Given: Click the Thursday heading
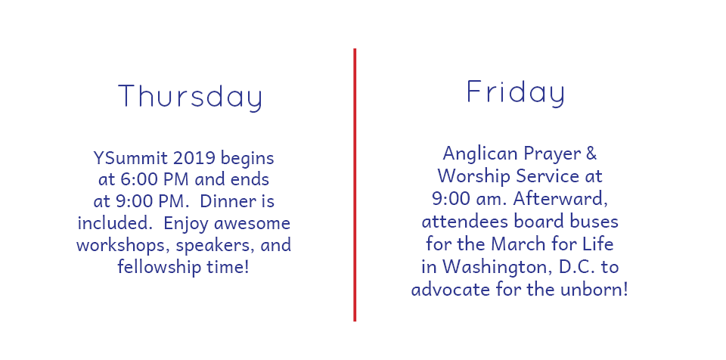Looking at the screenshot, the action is tap(191, 96).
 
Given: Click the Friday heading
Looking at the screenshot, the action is tap(515, 92).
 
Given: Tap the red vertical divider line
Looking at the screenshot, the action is tap(355, 185).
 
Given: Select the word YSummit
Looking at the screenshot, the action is tap(130, 158).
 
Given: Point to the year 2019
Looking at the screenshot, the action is tap(194, 158).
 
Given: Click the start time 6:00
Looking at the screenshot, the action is tap(133, 179).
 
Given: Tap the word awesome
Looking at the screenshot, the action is tap(252, 223).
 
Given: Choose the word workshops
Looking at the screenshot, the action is tap(123, 244).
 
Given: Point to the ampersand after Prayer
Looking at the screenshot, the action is tap(591, 154).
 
